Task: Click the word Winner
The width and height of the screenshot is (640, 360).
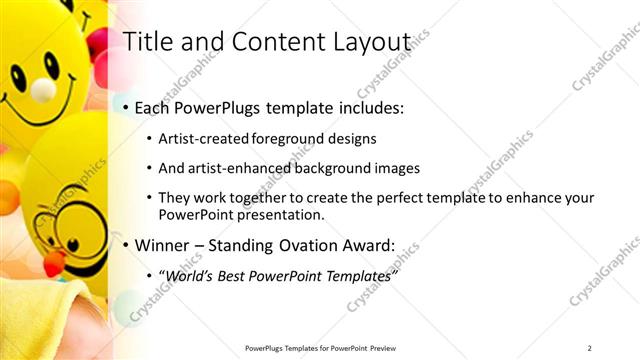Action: (x=161, y=244)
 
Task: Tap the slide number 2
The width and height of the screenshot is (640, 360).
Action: (x=589, y=348)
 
